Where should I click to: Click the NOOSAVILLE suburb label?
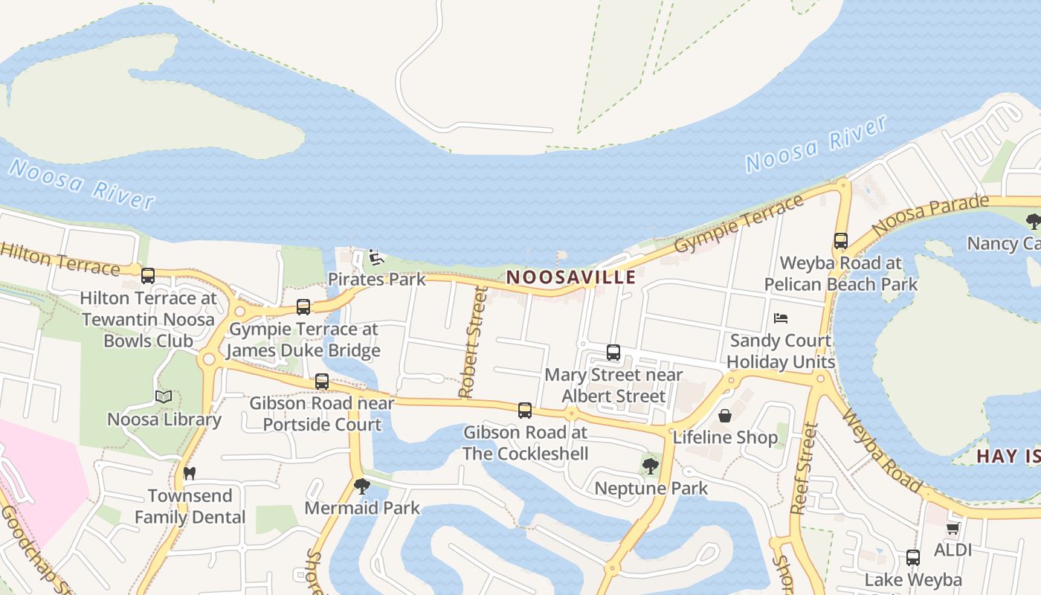(x=571, y=277)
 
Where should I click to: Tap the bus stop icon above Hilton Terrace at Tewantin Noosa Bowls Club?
(x=148, y=276)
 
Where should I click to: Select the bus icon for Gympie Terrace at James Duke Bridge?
(x=303, y=306)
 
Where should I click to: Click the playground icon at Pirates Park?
(x=376, y=257)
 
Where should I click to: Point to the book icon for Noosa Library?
(x=164, y=396)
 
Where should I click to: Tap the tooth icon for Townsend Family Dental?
(x=190, y=472)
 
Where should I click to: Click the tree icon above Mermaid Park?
(x=362, y=486)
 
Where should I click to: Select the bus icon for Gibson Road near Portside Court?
(x=322, y=381)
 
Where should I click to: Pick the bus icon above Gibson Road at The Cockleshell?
(x=525, y=410)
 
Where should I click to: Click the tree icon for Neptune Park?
(x=651, y=466)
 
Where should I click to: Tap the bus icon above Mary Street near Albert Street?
(x=613, y=353)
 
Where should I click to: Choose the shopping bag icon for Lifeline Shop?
(x=725, y=415)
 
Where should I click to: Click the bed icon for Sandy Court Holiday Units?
(x=781, y=318)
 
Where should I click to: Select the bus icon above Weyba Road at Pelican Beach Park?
(x=841, y=241)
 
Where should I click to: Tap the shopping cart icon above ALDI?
(x=953, y=528)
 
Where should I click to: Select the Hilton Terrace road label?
(x=59, y=257)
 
